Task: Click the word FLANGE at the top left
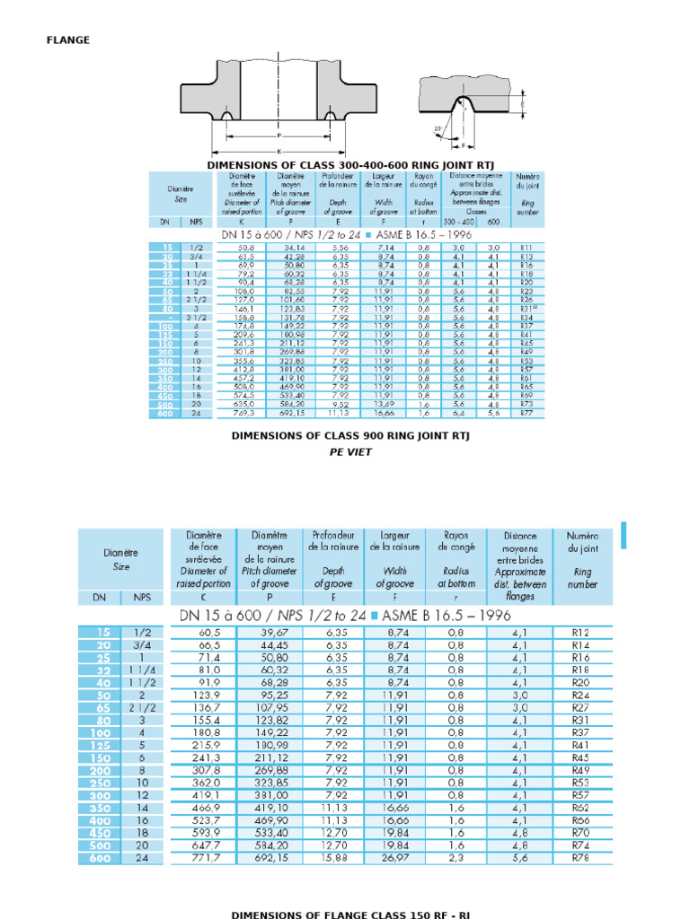68,39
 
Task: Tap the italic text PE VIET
351,453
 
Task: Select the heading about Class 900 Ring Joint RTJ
351,436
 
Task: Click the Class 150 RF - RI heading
351,915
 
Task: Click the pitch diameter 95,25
266,695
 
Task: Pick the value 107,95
266,707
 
